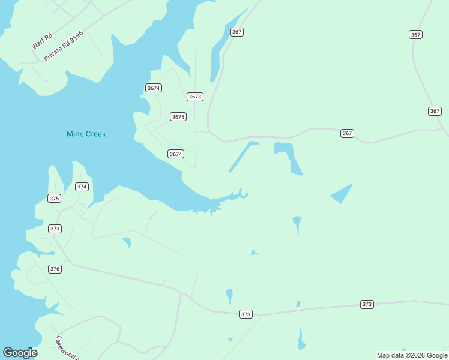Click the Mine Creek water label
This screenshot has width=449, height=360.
pyautogui.click(x=86, y=134)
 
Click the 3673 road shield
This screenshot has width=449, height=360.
pyautogui.click(x=195, y=97)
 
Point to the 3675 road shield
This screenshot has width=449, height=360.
pyautogui.click(x=178, y=117)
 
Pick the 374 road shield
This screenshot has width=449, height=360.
pyautogui.click(x=82, y=187)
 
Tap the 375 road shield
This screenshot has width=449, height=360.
pyautogui.click(x=54, y=198)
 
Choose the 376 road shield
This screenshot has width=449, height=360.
pyautogui.click(x=55, y=269)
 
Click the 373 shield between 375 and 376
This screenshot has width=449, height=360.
pyautogui.click(x=55, y=229)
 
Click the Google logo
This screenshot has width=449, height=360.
pyautogui.click(x=20, y=353)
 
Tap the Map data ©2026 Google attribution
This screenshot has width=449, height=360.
pyautogui.click(x=412, y=355)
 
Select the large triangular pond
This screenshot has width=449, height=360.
pyautogui.click(x=342, y=193)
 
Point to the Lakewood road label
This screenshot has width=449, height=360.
pyautogui.click(x=68, y=347)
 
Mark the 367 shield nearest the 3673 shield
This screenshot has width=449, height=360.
pyautogui.click(x=237, y=32)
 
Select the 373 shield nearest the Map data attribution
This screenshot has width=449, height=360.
pyautogui.click(x=367, y=304)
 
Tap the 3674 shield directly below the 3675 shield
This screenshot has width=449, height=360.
pyautogui.click(x=175, y=154)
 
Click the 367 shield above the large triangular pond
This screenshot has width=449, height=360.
pyautogui.click(x=347, y=133)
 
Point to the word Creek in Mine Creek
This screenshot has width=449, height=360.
pyautogui.click(x=95, y=134)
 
